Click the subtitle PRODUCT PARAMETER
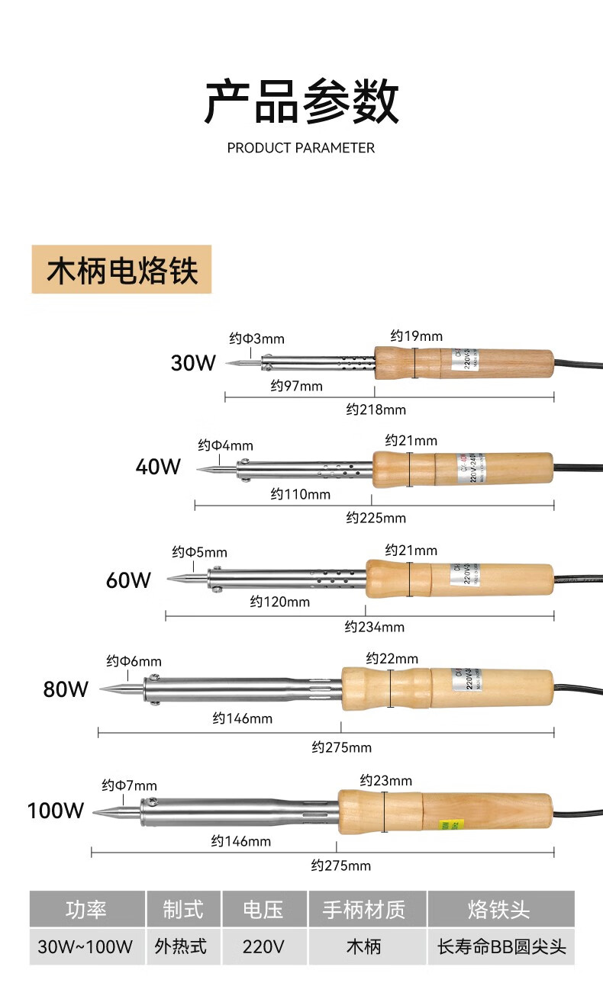point(301,148)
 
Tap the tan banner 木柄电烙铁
point(121,270)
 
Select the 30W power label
point(193,363)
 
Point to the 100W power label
point(56,810)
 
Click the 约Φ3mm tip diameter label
point(256,339)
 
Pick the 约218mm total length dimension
point(376,409)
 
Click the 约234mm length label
point(374,627)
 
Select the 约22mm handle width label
point(392,658)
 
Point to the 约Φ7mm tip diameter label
point(129,785)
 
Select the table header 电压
point(263,909)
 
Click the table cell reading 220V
point(263,947)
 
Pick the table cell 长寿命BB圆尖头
point(501,947)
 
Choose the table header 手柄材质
point(363,909)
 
